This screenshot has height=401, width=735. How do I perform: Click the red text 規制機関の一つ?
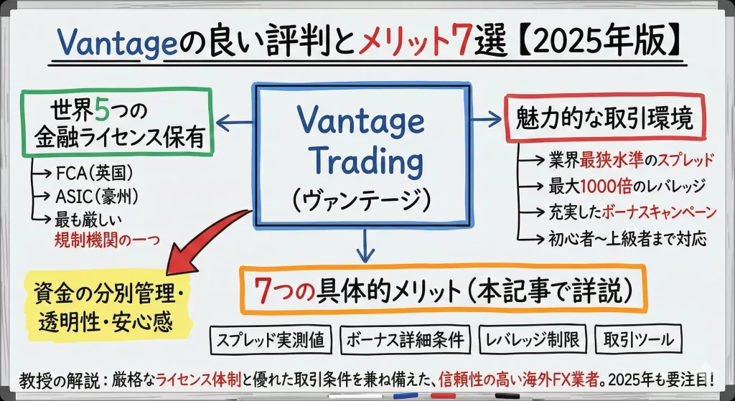[x=108, y=240]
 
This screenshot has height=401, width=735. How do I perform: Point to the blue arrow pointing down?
[x=365, y=246]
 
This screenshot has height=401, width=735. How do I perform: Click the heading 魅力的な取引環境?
[x=604, y=118]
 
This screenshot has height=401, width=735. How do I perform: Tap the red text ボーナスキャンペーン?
[x=659, y=212]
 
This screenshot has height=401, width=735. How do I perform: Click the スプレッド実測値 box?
[x=271, y=339]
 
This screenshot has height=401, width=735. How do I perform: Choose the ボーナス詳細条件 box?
[x=406, y=339]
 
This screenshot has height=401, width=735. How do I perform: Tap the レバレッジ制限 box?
[x=533, y=339]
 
